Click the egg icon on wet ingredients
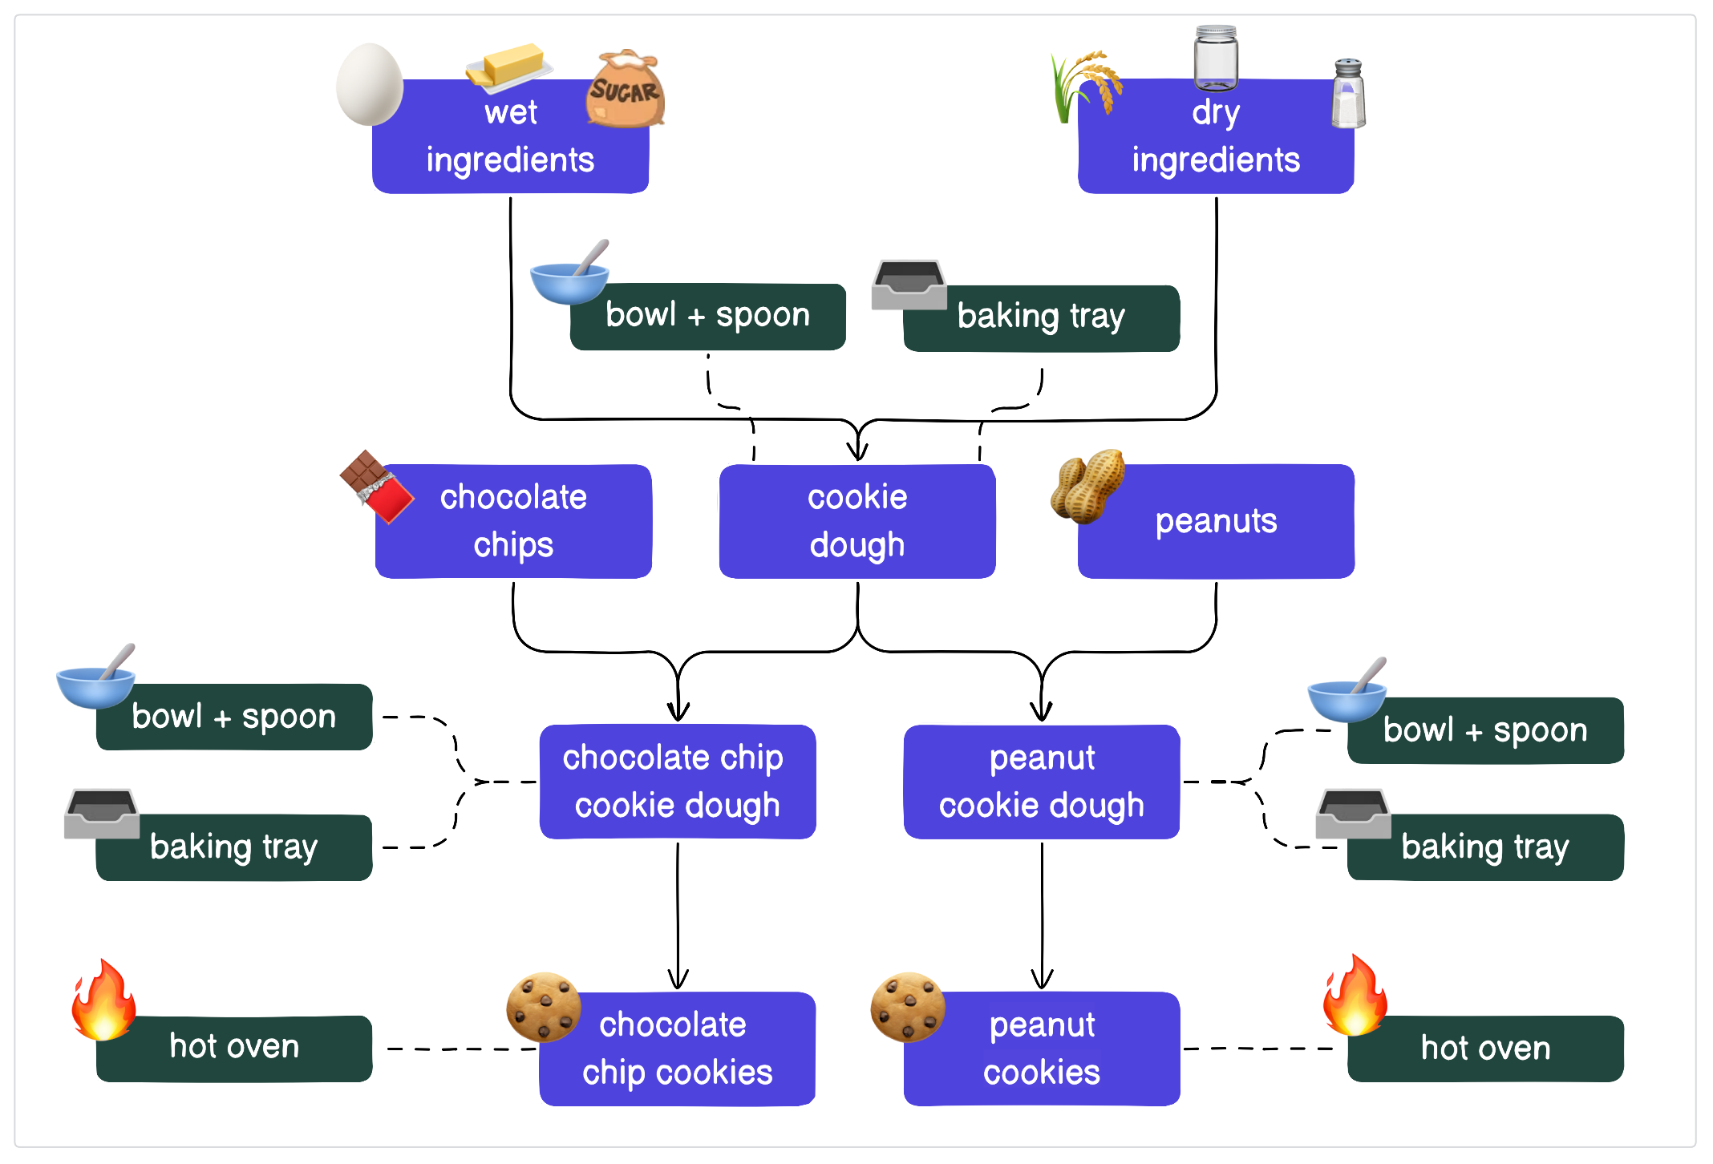(x=369, y=85)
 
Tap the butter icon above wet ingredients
(x=508, y=65)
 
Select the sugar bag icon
(x=625, y=89)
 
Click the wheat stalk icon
(x=1083, y=85)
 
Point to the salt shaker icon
(x=1348, y=94)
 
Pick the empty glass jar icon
(x=1216, y=57)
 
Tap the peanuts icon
(x=1087, y=486)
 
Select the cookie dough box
(x=857, y=521)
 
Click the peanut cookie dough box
(x=1041, y=782)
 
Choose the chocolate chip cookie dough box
(x=677, y=782)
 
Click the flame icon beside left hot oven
(x=103, y=1000)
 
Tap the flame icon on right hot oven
(x=1355, y=996)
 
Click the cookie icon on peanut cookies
(x=907, y=1007)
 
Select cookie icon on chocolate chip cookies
(x=543, y=1007)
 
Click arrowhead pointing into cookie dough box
(x=858, y=451)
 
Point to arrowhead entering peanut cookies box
(x=1042, y=980)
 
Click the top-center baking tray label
(x=1041, y=317)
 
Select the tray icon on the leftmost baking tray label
(x=102, y=813)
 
